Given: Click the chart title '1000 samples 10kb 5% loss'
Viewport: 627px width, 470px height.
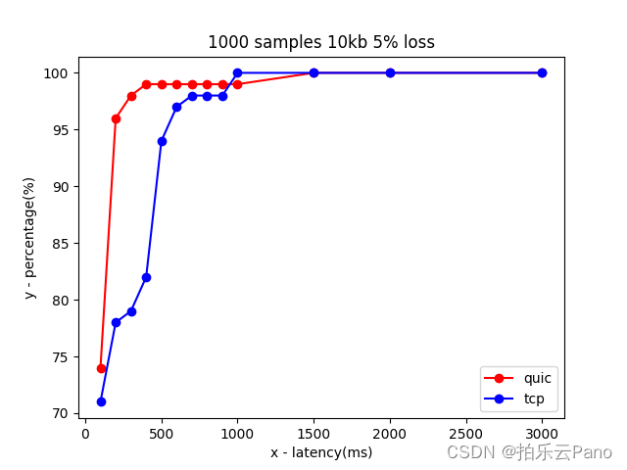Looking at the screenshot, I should coord(320,43).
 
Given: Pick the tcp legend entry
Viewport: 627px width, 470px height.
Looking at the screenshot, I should coord(518,399).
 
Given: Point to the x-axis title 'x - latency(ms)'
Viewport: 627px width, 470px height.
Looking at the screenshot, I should coord(321,452).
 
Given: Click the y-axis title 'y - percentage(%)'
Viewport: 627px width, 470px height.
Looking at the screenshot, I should coord(29,238).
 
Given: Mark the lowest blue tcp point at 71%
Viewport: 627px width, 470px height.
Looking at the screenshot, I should coord(101,401).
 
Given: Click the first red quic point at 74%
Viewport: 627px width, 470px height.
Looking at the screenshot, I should coord(101,368).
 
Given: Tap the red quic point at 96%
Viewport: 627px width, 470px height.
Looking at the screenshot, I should coord(116,118).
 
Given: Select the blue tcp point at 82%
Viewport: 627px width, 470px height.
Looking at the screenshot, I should coord(146,277).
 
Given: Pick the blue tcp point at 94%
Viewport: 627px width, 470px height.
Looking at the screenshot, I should coord(162,141).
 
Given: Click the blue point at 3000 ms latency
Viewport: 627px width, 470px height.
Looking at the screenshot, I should coord(542,72).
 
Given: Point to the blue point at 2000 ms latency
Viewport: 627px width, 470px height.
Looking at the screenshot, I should coord(390,72).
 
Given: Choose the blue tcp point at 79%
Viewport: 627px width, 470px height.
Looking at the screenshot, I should coord(131,311).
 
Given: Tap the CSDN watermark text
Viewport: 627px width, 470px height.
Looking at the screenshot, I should coord(529,452).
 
